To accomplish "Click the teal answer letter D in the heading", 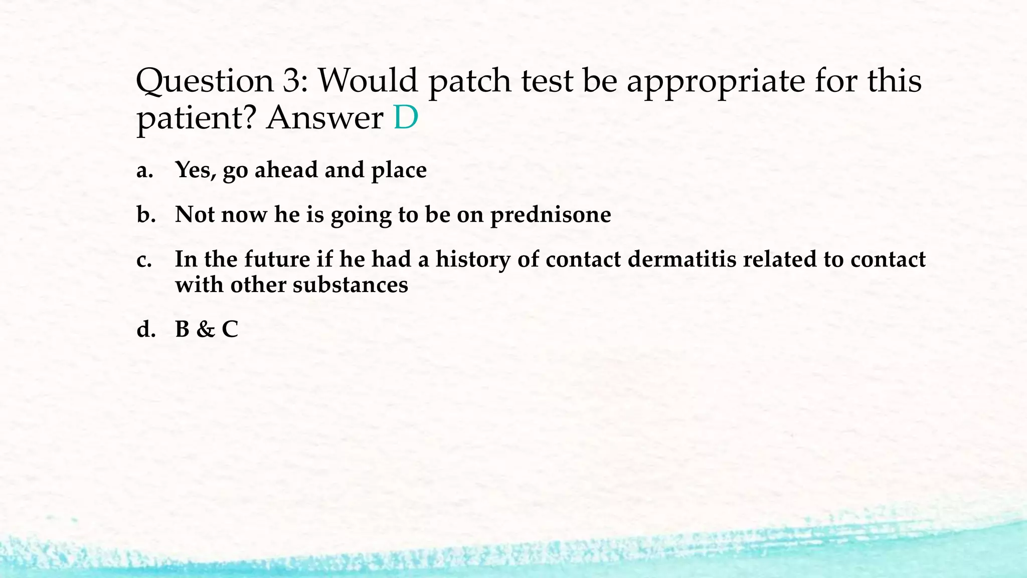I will [405, 117].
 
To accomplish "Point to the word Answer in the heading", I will [324, 118].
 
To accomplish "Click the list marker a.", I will [144, 171].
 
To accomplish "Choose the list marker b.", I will [146, 215].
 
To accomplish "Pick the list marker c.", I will [144, 260].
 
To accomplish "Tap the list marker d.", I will [146, 329].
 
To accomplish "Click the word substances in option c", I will [350, 285].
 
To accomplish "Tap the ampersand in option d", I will [205, 329].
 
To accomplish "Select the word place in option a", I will [399, 171].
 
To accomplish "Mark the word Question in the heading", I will [205, 81].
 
